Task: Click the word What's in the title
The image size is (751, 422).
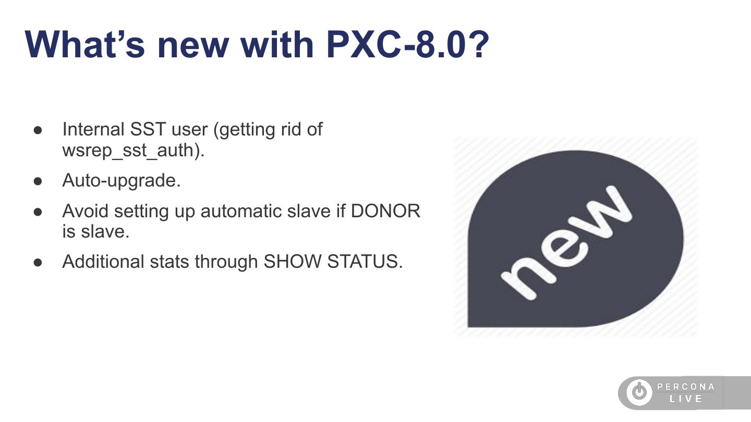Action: coord(84,45)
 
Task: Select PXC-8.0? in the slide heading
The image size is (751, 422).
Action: coord(408,45)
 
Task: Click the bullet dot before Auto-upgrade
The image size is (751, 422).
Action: coord(38,181)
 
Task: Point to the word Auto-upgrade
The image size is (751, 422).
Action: coord(122,181)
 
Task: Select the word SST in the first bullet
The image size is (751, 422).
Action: coord(148,129)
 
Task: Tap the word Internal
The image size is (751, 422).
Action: coord(93,129)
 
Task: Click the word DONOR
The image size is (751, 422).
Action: coord(385,211)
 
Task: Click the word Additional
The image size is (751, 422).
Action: coord(103,261)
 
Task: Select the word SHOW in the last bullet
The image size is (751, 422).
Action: coord(293,261)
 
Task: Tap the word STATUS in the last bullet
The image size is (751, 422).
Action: coord(365,261)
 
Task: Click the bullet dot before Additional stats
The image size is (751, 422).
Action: coord(38,262)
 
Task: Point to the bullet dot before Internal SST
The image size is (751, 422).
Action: coord(38,130)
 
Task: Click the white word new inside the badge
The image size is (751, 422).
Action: coord(566,243)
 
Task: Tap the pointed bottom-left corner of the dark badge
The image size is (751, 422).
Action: coord(468,327)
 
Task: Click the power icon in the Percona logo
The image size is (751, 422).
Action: coord(639,392)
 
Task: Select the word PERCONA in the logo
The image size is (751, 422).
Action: coord(686,387)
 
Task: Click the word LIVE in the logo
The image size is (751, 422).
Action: coord(686,399)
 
